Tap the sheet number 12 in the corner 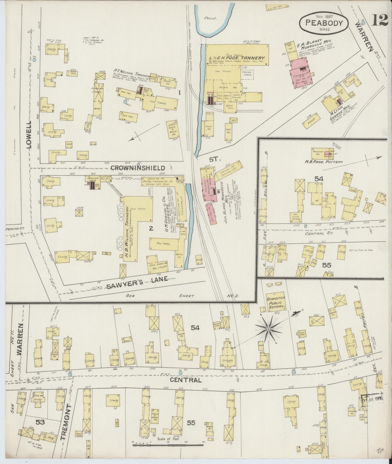pyautogui.click(x=380, y=20)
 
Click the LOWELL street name pyautogui.click(x=29, y=134)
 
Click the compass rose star pyautogui.click(x=268, y=329)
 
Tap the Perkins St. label pyautogui.click(x=15, y=228)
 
